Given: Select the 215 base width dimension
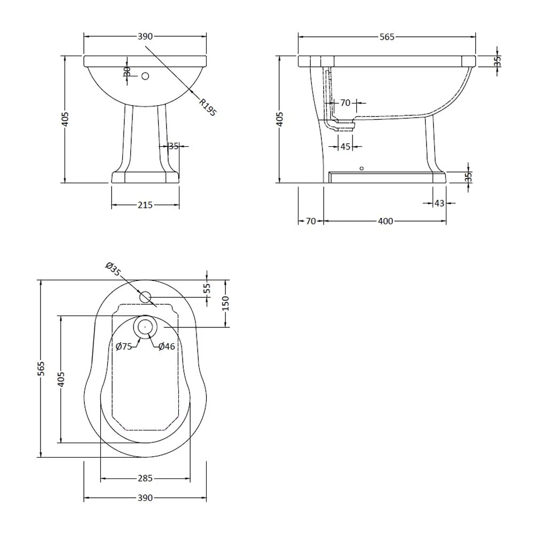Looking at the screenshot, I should (x=145, y=205).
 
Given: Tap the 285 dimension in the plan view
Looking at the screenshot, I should (x=145, y=478).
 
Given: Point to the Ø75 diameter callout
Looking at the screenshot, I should (x=124, y=347).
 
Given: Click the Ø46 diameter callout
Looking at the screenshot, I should (x=167, y=347).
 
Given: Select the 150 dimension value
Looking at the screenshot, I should (x=225, y=303).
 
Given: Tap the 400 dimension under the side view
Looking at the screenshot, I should (x=385, y=221).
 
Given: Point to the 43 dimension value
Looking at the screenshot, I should (x=439, y=203).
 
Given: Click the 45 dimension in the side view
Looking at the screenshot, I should (x=345, y=146).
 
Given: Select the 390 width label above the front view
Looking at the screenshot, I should (x=145, y=36).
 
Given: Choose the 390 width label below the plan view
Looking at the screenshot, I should (x=145, y=498).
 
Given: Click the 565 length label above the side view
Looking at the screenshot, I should (x=387, y=36).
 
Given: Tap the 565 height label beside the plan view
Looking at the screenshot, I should (x=42, y=368).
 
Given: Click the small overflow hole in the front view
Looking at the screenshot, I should (x=145, y=76).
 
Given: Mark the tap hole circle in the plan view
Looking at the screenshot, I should (x=146, y=297).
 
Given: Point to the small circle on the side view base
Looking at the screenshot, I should (x=362, y=169).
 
